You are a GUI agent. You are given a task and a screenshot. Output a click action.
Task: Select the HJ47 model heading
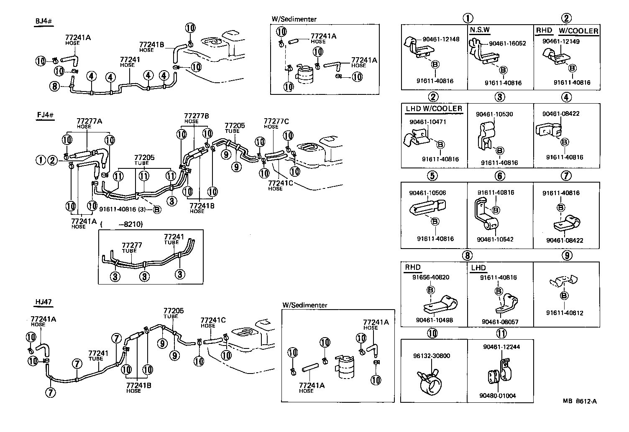(x=43, y=302)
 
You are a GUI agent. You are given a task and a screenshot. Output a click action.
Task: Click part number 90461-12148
(x=441, y=39)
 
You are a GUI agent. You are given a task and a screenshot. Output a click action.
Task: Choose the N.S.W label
(x=480, y=30)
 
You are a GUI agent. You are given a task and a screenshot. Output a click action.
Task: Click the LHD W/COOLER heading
(x=434, y=109)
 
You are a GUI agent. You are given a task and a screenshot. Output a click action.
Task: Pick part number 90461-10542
(x=496, y=239)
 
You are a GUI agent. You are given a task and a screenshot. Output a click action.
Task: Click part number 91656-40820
(x=431, y=277)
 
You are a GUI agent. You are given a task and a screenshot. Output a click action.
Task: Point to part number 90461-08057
(x=500, y=322)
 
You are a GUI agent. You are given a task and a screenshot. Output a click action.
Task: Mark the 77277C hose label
(x=276, y=121)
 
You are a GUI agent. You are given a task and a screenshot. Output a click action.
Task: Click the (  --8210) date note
(x=122, y=224)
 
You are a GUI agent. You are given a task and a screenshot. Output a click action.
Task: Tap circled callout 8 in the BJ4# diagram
(x=54, y=86)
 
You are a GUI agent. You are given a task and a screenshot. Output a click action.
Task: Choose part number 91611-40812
(x=565, y=313)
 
